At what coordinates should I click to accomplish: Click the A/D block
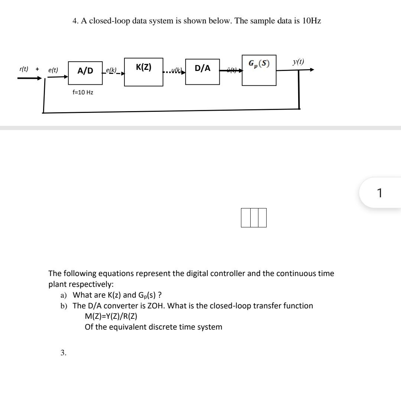tap(85, 71)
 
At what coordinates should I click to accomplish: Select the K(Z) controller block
tap(143, 72)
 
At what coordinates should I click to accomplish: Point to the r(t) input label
tap(24, 69)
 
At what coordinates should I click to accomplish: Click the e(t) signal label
tap(53, 70)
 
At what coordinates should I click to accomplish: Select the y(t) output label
tap(298, 62)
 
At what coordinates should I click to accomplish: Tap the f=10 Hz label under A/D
tap(83, 92)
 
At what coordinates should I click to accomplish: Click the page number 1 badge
tap(379, 193)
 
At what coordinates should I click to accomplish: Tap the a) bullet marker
tap(63, 295)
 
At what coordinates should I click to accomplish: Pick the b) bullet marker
tap(64, 306)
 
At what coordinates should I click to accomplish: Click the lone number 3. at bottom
tap(63, 353)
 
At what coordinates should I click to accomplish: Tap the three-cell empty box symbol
tap(254, 217)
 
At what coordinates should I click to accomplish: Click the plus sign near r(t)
tap(37, 69)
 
